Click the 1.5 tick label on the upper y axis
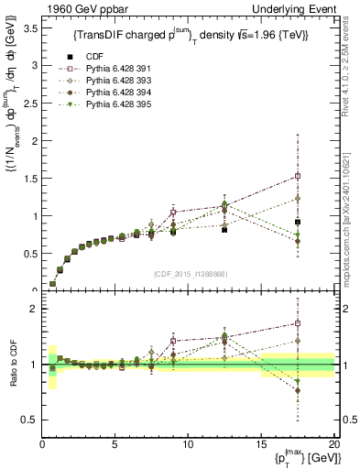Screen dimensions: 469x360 [29, 179]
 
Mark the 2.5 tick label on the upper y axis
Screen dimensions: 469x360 [29, 104]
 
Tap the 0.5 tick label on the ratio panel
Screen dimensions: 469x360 [29, 420]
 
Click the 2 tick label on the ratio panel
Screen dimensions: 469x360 [33, 309]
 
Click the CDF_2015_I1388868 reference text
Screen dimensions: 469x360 [188, 274]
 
